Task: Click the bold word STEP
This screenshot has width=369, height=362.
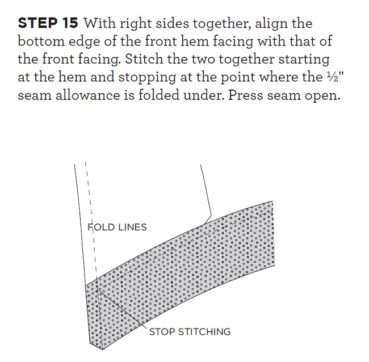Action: point(37,23)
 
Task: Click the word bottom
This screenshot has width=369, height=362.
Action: point(41,41)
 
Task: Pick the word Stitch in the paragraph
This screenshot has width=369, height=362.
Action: point(144,59)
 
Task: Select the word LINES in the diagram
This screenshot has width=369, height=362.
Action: point(132,227)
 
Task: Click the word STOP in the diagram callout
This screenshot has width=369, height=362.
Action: point(162,332)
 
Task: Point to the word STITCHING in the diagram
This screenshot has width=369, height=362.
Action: point(204,332)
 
